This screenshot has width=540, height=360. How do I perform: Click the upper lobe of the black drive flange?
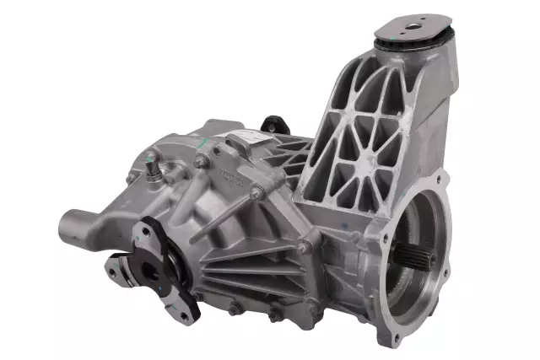156,228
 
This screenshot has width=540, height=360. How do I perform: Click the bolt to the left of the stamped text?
202,161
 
